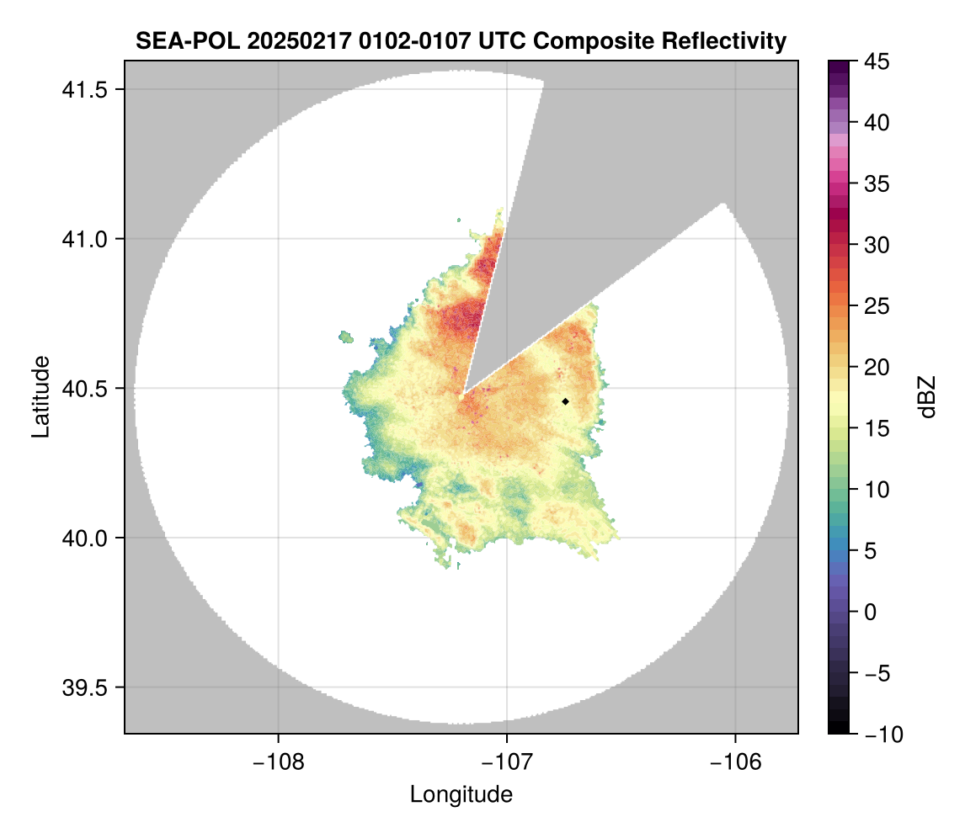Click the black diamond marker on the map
[566, 401]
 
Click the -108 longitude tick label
[277, 762]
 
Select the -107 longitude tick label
[506, 762]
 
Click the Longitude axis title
[461, 794]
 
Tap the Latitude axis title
[40, 396]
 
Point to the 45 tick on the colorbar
[876, 62]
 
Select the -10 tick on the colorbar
[876, 734]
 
